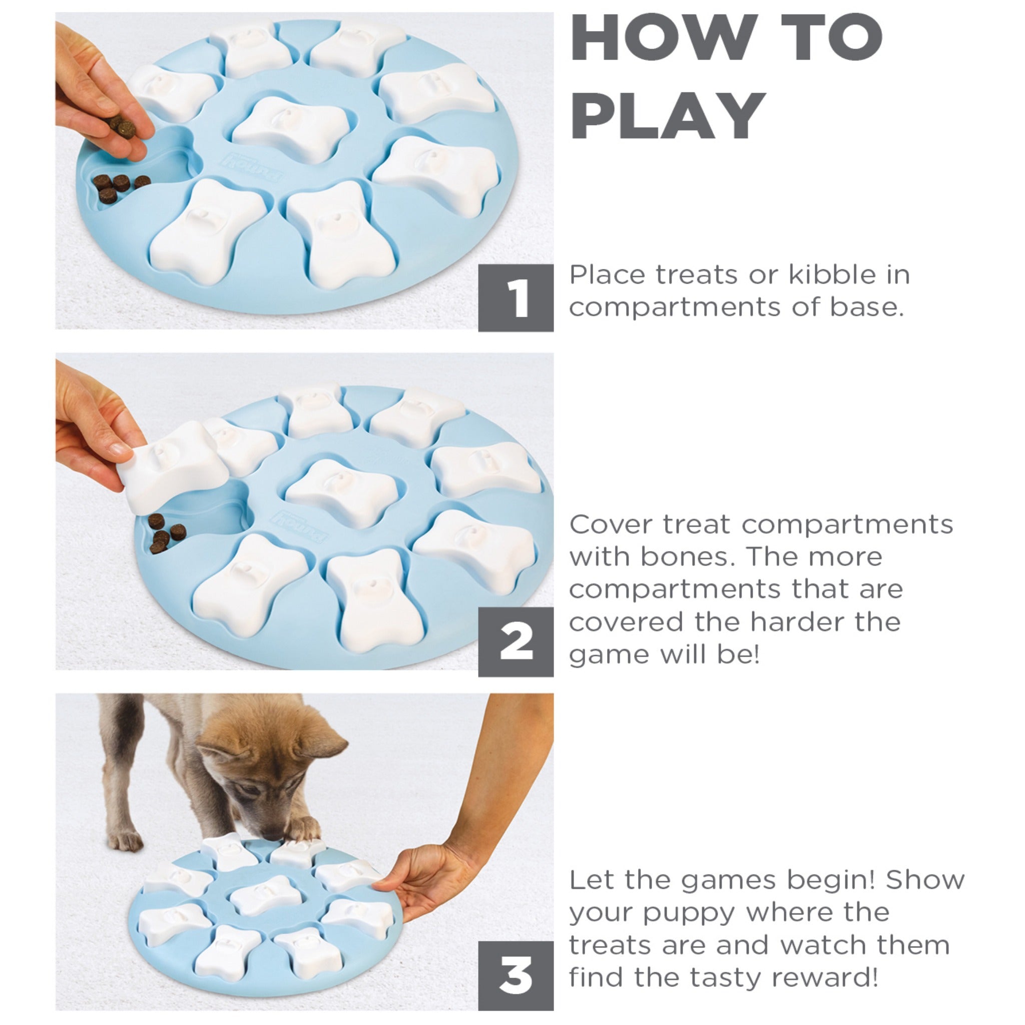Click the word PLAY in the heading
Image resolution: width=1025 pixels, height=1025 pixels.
[x=668, y=115]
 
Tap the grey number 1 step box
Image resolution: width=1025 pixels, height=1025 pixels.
[x=516, y=298]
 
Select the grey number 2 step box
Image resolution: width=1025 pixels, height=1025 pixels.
[x=516, y=642]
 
